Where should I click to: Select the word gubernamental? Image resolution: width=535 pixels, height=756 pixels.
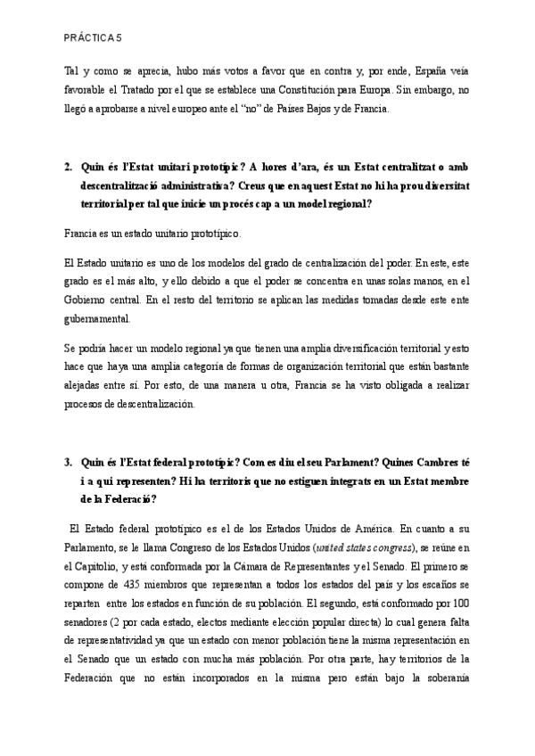pyautogui.click(x=99, y=319)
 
